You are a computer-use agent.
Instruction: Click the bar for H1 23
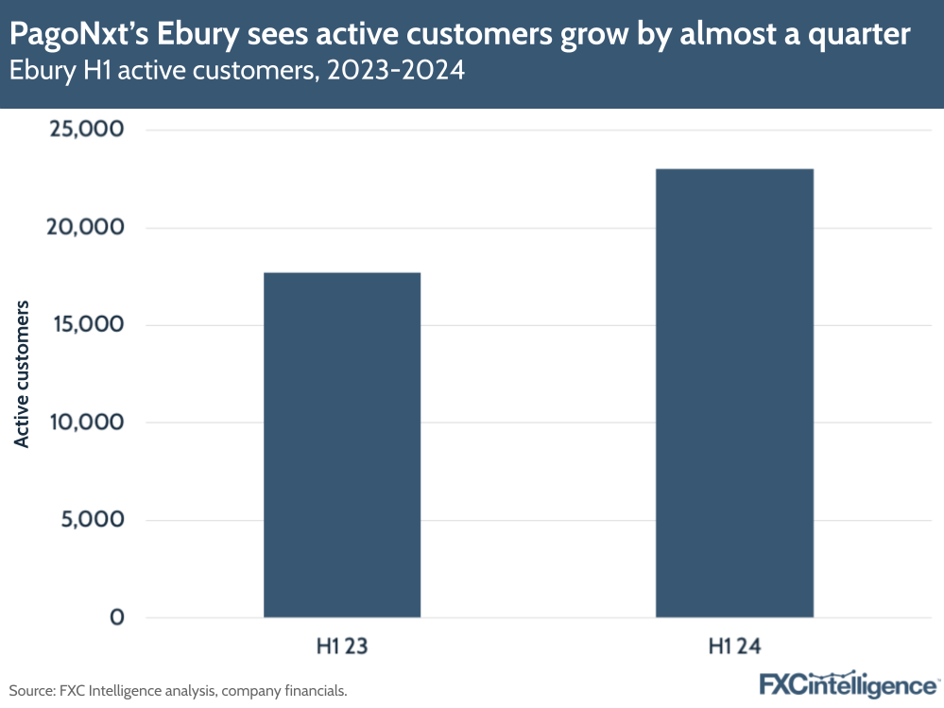pos(341,444)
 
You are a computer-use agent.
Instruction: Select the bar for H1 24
pos(734,393)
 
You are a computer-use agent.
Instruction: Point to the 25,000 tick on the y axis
pos(85,129)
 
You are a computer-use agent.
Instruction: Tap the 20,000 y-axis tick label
pos(85,227)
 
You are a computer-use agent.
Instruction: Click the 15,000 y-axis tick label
pos(85,324)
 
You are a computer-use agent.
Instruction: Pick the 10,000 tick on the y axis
pos(85,422)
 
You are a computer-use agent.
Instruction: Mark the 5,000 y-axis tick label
pos(92,520)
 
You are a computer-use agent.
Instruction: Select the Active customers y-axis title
pos(22,373)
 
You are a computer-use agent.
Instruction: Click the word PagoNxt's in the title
pos(78,36)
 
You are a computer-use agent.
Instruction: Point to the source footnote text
pos(179,691)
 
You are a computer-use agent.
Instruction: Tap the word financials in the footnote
pos(315,691)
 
